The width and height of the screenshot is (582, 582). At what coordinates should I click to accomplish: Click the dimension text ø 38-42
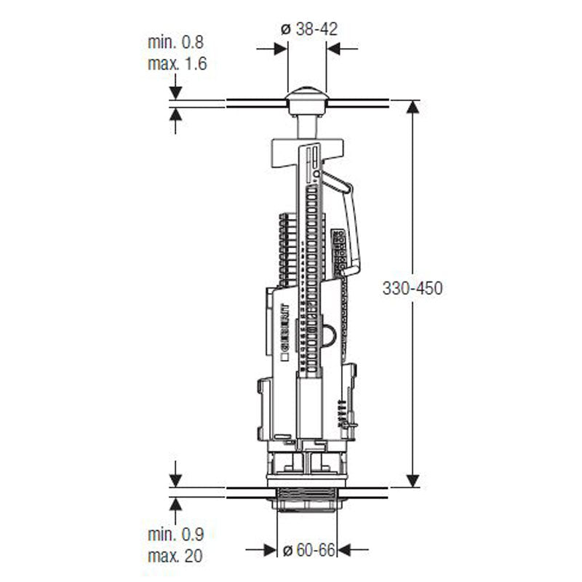click(308, 29)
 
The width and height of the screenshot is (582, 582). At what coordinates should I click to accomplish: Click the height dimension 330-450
click(412, 287)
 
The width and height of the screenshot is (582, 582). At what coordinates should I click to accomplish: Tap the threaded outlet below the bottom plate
click(306, 503)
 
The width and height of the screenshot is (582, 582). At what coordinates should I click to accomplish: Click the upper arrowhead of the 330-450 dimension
click(412, 108)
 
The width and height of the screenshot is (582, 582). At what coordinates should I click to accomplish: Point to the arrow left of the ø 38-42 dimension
click(279, 49)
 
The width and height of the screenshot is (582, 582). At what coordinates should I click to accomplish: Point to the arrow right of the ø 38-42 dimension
click(335, 49)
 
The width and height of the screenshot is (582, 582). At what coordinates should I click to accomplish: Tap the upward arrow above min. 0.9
click(175, 504)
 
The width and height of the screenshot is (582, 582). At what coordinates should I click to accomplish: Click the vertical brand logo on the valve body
click(285, 334)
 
